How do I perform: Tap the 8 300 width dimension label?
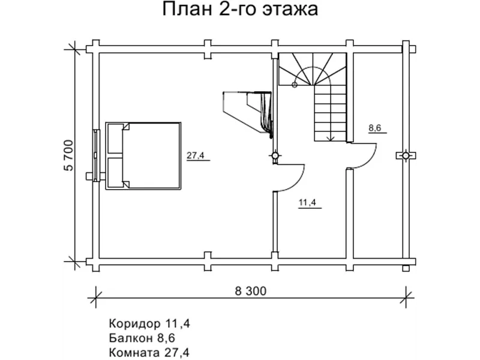(250, 292)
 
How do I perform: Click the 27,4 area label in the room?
(195, 156)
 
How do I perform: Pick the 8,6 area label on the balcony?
(375, 128)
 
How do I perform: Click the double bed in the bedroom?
(143, 157)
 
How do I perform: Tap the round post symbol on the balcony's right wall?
(406, 155)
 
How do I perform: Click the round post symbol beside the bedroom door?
(275, 155)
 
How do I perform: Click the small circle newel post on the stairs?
(294, 85)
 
